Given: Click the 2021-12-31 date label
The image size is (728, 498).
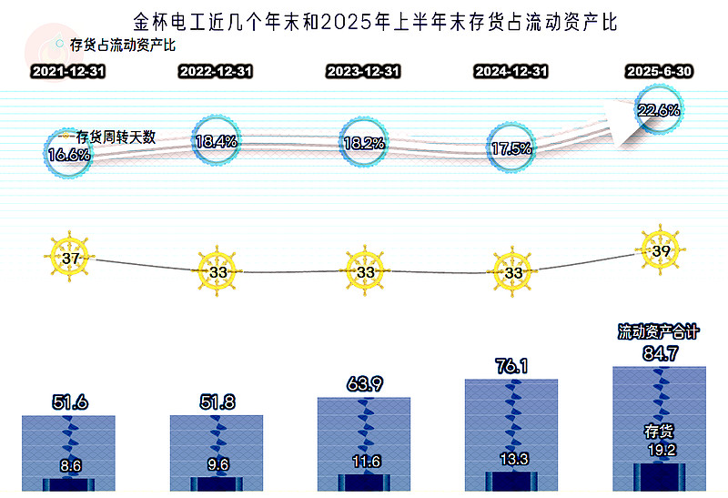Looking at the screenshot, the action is click(x=68, y=72).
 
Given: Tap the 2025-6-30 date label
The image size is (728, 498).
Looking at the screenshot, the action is click(x=659, y=72).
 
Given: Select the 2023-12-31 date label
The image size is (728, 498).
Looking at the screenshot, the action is click(x=363, y=72).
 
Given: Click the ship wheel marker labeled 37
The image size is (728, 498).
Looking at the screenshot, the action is click(x=70, y=257).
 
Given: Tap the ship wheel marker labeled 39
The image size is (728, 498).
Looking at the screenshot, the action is click(x=661, y=250).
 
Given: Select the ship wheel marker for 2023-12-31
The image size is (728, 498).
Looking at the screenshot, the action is click(x=365, y=270).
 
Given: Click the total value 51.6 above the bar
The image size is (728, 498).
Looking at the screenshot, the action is click(x=70, y=401).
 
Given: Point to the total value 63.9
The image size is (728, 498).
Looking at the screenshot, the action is click(x=365, y=383).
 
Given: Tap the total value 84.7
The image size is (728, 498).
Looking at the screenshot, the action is click(x=661, y=353).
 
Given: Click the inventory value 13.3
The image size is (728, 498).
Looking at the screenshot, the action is click(x=514, y=459).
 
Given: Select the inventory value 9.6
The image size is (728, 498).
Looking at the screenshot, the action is click(x=217, y=464).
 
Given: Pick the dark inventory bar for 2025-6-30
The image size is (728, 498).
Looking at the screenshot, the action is click(x=659, y=477).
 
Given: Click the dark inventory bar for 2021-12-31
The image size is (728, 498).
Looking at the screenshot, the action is click(x=69, y=484).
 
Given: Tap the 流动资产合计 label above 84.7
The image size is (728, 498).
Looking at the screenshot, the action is click(x=658, y=331).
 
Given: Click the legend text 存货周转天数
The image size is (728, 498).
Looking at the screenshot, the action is click(x=116, y=137).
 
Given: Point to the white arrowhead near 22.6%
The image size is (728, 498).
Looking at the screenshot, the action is click(x=622, y=123).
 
